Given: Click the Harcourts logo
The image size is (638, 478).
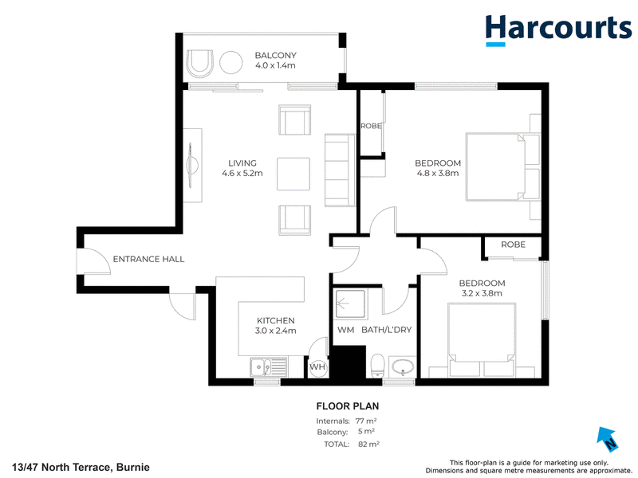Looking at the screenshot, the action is [558, 30].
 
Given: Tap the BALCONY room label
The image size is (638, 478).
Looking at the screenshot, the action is [275, 55].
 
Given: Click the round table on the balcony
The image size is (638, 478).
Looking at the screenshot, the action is [231, 63].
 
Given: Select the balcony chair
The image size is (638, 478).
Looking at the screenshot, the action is [200, 64].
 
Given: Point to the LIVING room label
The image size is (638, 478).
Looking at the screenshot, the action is [242, 163].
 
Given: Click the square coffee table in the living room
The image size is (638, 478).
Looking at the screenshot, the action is [293, 174].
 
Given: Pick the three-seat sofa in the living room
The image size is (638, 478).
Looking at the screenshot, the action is [340, 170].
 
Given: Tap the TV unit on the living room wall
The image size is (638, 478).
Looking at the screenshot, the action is [192, 166].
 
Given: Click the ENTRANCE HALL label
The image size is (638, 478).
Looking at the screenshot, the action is [148, 259].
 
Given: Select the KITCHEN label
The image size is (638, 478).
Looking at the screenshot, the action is [275, 320].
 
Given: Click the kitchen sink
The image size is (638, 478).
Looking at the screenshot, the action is [269, 367].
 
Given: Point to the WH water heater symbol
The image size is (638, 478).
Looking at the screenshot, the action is [317, 367].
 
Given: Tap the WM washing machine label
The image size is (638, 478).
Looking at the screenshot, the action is [345, 330].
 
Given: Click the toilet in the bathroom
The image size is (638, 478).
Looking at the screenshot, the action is [377, 365].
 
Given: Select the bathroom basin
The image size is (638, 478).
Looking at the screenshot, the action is [403, 366].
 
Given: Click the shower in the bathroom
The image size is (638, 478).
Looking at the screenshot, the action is [350, 303].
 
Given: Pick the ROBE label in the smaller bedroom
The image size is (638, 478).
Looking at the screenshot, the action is [513, 245].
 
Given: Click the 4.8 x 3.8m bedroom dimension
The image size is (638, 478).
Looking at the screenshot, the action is [437, 173].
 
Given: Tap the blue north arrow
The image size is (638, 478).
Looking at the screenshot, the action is [607, 439].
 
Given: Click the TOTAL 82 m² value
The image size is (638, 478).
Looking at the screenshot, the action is [368, 444].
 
